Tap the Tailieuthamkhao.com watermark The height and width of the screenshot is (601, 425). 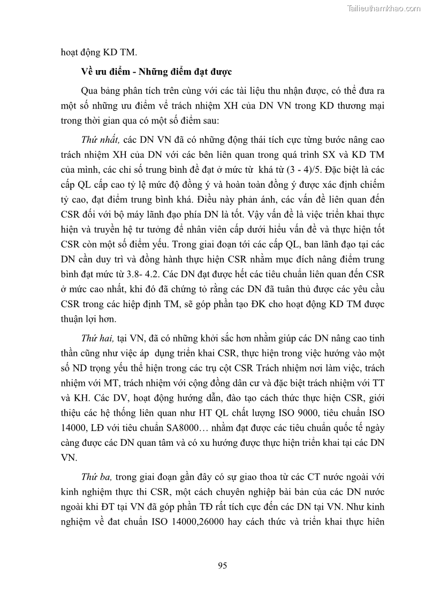384,8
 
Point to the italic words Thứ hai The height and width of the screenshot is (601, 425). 97,339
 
